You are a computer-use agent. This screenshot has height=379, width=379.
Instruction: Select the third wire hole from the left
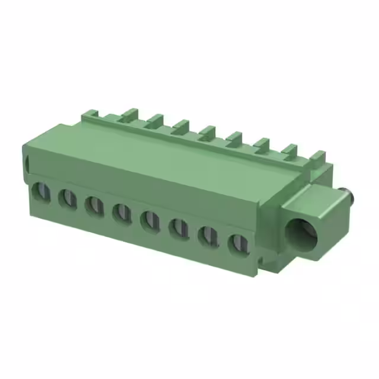(95, 205)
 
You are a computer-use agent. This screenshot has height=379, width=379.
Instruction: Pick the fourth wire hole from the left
(122, 213)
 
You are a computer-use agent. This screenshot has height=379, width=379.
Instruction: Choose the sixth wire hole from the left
(178, 228)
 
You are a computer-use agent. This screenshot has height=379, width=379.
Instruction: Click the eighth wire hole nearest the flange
(238, 243)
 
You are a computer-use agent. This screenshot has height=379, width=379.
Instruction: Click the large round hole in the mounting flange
(301, 233)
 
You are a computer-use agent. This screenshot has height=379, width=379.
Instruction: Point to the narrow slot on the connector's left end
(26, 163)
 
